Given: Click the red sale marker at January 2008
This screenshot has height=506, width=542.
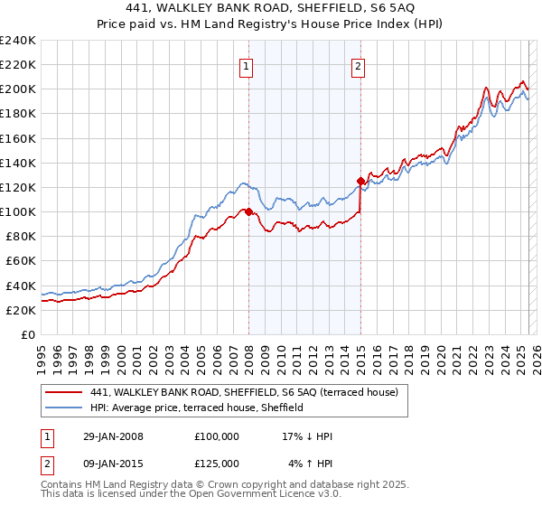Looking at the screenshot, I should click(x=249, y=211).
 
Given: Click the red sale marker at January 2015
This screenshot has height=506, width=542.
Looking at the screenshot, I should click(x=360, y=181).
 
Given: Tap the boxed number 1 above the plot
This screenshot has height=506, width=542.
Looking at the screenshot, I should click(x=246, y=65).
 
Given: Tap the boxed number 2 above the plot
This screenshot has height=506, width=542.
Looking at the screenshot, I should click(x=359, y=65).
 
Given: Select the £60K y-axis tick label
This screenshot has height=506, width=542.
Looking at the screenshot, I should click(x=21, y=261).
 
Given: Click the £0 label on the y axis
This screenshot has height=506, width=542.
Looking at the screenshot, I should click(x=27, y=334).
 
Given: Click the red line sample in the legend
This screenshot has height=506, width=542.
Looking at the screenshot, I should click(x=65, y=392).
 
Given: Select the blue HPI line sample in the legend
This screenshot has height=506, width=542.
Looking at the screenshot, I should click(x=65, y=408).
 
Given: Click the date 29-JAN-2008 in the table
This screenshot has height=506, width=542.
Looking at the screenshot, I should click(x=111, y=436).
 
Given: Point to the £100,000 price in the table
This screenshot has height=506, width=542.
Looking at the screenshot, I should click(x=217, y=436).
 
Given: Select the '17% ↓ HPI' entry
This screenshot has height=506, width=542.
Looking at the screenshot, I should click(x=307, y=436).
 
